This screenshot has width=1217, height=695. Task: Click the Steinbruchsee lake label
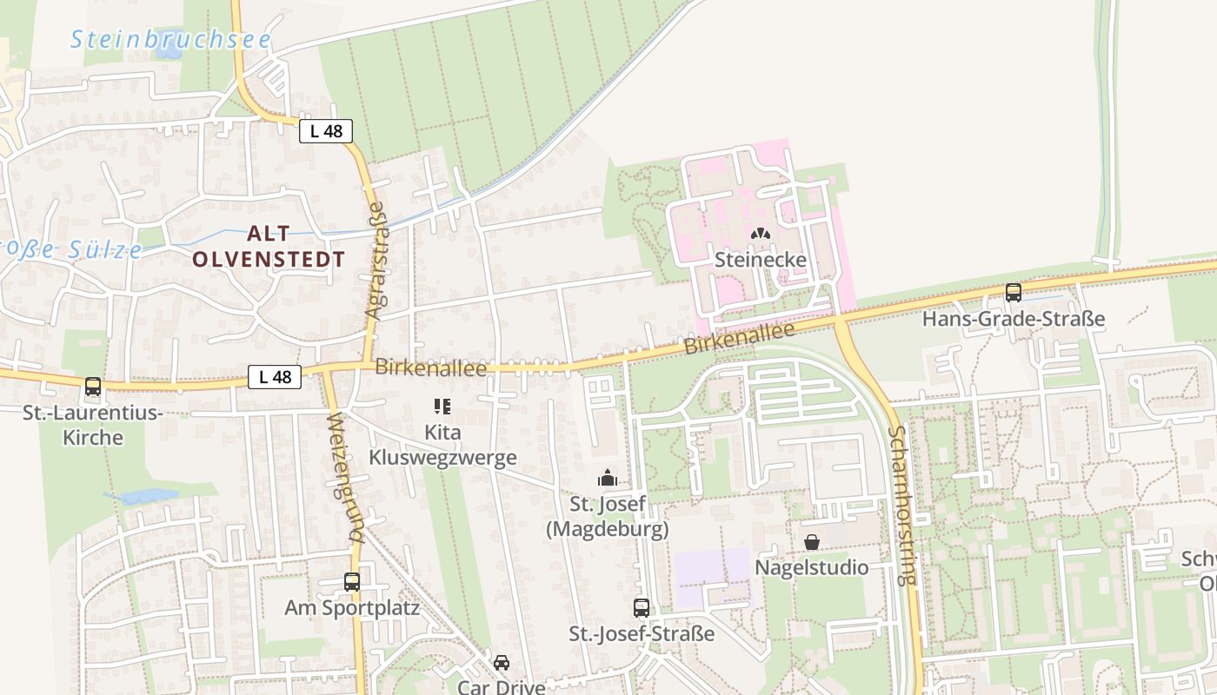pos(170,39)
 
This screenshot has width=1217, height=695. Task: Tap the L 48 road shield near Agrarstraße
pos(326,131)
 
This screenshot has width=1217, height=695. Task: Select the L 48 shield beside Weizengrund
pos(275,377)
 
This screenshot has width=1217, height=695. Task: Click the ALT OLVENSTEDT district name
pos(269,246)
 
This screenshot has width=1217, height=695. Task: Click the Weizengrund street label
pos(343,478)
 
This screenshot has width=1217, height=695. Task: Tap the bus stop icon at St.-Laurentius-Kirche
pos(93,387)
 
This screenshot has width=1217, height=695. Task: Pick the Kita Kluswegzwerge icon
pos(442,406)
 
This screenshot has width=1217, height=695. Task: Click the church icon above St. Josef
pos(607,478)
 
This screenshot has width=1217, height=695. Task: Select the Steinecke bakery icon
pos(761,235)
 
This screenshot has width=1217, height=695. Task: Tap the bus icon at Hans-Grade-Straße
pos(1013,293)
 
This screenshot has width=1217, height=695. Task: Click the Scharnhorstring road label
pos(904,505)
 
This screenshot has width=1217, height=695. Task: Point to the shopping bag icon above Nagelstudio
pos(811,542)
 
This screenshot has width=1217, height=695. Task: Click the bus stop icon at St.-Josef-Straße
pos(642,608)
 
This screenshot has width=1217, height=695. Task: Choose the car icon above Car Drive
pos(502,663)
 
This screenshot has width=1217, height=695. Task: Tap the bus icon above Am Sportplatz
pos(352,582)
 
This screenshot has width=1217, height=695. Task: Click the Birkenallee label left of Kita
pos(430,368)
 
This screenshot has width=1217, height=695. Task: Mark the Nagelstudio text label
pos(811,567)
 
